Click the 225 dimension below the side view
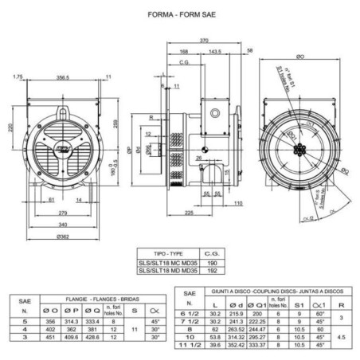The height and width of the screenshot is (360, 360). point(188,213)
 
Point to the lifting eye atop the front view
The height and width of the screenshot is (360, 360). point(62,90)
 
